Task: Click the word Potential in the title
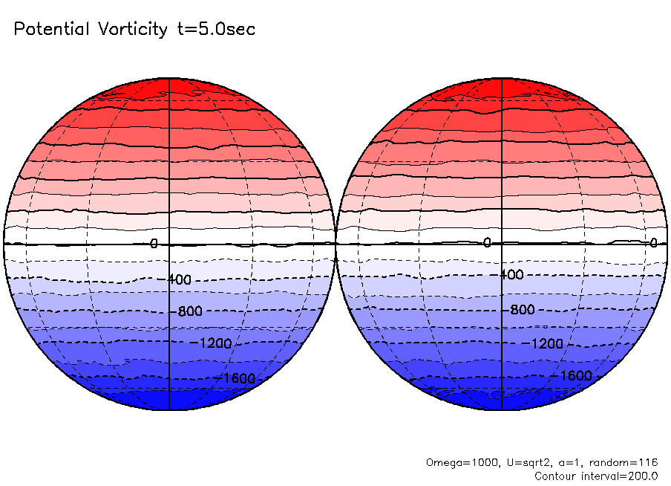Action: (x=50, y=30)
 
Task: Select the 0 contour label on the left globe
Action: (x=154, y=244)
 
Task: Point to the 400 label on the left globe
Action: (x=179, y=279)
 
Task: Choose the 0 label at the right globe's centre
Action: (x=487, y=242)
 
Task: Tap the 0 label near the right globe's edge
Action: (x=653, y=242)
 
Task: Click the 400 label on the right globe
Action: (x=511, y=275)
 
